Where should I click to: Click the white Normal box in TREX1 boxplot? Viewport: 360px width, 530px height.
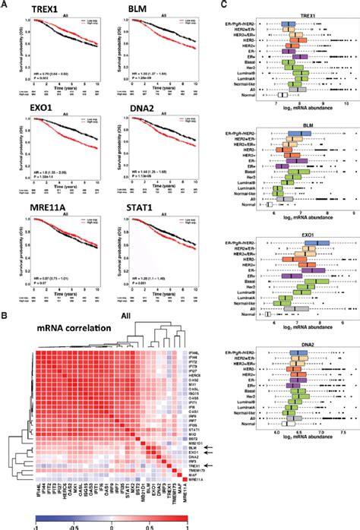(283, 95)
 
